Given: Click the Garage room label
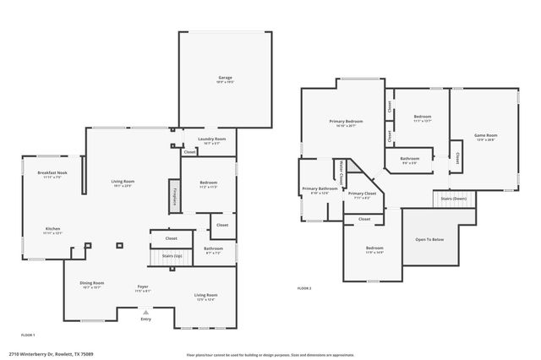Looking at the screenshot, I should (225, 79).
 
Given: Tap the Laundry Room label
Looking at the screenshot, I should (211, 139).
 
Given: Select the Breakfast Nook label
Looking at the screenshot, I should (52, 172).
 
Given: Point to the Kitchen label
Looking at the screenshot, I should (52, 228).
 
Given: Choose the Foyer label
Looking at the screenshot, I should (143, 287).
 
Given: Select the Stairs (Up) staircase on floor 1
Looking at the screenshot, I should (172, 255).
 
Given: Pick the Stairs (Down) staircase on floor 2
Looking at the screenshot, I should (454, 199).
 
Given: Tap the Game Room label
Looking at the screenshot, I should (484, 136).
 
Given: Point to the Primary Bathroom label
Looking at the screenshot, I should (320, 189).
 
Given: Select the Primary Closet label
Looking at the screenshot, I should (362, 194).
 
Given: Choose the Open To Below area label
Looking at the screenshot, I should (429, 239).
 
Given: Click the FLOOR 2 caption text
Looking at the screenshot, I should (304, 289).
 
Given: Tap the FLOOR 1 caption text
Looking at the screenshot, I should (29, 335).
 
